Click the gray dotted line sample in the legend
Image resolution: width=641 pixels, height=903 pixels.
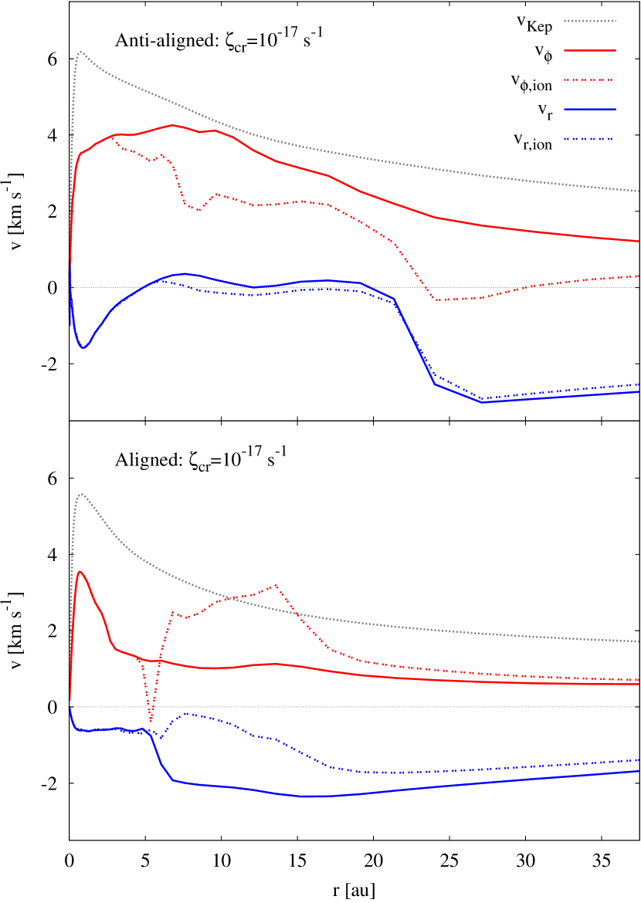click(589, 21)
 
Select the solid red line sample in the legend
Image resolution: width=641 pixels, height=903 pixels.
click(589, 50)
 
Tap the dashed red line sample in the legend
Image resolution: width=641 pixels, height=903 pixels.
click(589, 79)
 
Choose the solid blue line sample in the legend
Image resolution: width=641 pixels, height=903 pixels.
click(589, 109)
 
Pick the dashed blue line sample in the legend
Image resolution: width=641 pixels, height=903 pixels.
click(589, 139)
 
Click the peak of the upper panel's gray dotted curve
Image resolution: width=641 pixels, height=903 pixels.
click(80, 52)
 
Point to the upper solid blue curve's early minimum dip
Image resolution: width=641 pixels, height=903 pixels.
click(83, 347)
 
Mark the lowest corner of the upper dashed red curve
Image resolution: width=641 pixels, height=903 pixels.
click(436, 300)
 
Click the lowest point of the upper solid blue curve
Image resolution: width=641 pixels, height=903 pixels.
click(483, 402)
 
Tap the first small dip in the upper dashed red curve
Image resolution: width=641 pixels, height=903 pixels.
click(154, 161)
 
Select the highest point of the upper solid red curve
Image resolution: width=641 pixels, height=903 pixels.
click(172, 125)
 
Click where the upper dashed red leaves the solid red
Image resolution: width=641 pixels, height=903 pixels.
click(113, 137)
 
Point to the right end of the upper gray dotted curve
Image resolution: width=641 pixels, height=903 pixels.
click(639, 191)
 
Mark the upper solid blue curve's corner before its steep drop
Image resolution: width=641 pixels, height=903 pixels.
click(394, 298)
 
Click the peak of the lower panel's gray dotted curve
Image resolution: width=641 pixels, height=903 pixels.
click(81, 494)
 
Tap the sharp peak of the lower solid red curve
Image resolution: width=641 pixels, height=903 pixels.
click(80, 572)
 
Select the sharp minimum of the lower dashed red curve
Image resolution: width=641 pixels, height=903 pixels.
click(151, 722)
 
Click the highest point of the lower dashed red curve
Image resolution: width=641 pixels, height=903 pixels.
click(275, 585)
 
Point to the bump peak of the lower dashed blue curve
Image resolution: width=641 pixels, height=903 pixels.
click(186, 714)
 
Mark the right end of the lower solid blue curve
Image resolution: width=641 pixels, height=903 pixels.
click(639, 771)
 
